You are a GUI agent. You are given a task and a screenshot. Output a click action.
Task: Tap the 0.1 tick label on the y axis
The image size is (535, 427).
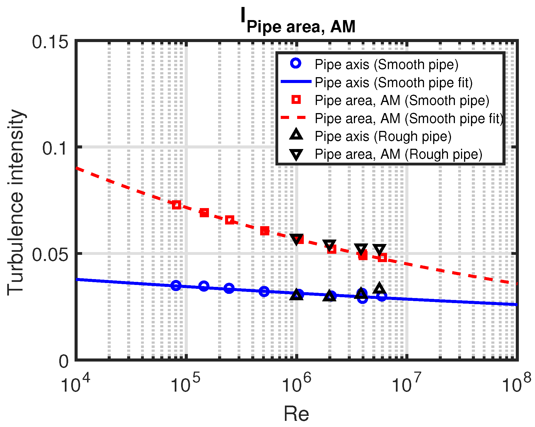tap(55, 148)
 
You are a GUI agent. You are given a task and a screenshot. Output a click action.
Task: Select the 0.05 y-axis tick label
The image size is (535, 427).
tap(50, 254)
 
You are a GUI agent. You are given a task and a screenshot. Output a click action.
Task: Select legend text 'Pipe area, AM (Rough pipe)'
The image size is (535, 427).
tap(398, 154)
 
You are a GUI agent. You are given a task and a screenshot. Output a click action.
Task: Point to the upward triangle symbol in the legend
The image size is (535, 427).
tap(296, 135)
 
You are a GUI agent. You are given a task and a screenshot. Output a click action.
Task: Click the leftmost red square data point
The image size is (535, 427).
tap(176, 205)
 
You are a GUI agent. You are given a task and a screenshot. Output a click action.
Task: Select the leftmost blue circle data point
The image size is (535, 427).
tap(176, 285)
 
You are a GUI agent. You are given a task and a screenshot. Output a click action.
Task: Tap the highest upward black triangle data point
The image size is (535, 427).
tap(379, 288)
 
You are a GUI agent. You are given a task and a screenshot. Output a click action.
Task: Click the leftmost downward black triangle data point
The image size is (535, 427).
tap(297, 239)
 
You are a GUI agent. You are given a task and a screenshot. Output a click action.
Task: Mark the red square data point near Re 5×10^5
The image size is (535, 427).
tap(265, 231)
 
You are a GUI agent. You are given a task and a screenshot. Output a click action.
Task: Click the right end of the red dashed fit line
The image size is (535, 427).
tap(517, 284)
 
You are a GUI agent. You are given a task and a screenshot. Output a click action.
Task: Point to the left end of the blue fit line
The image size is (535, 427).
tap(77, 279)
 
